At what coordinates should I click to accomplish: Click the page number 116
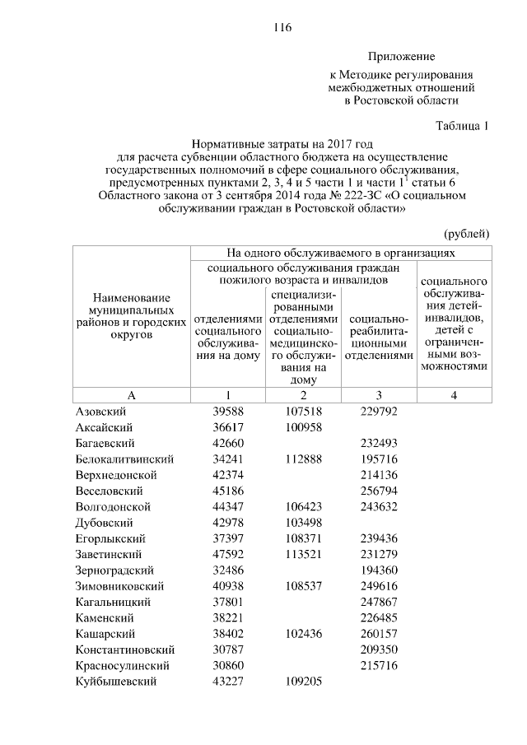pyautogui.click(x=282, y=27)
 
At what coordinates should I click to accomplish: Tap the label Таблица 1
pyautogui.click(x=461, y=126)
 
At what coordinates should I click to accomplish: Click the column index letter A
pyautogui.click(x=132, y=395)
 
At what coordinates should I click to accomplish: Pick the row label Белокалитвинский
pyautogui.click(x=124, y=459)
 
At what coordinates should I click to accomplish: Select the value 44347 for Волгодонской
pyautogui.click(x=228, y=507)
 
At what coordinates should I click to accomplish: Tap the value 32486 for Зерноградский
pyautogui.click(x=228, y=570)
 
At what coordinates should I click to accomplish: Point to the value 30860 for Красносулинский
pyautogui.click(x=228, y=665)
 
